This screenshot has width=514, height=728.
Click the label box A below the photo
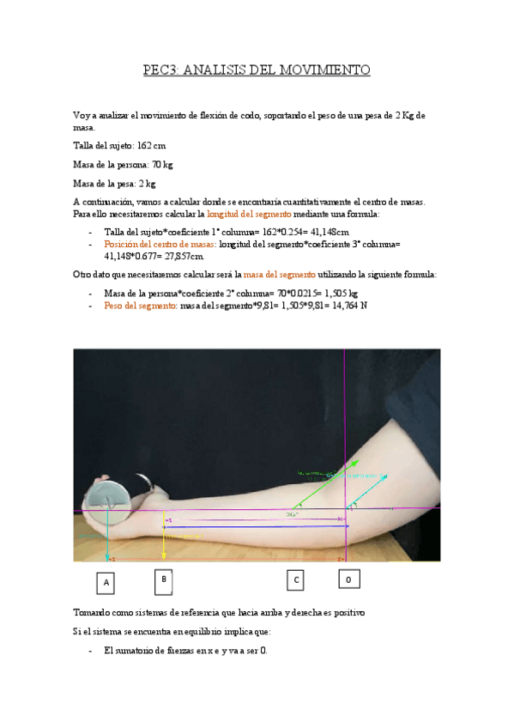[x=106, y=583]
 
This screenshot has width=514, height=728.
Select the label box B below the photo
[x=163, y=580]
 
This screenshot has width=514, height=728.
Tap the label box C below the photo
[x=296, y=580]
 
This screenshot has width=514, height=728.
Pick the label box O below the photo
[x=348, y=580]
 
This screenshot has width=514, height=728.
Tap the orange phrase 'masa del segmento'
[x=281, y=275]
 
